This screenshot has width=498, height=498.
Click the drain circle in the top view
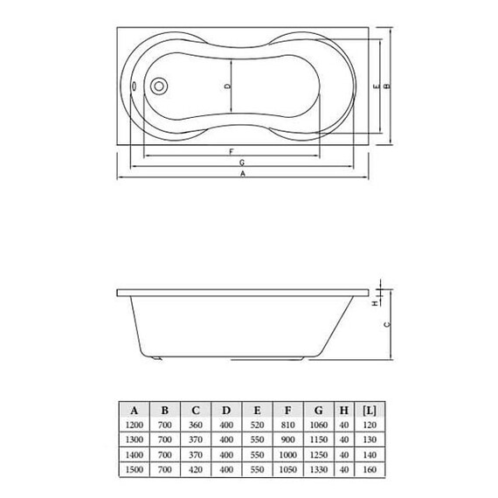159,86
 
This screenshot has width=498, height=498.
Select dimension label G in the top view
239,163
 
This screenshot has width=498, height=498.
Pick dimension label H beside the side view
374,302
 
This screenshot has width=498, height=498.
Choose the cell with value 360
195,425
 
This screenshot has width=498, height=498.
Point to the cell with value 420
195,470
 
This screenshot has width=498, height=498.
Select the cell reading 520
256,425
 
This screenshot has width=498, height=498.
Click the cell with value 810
287,425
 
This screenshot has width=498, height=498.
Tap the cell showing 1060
317,425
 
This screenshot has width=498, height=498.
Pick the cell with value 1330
317,470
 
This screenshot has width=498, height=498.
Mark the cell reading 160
370,470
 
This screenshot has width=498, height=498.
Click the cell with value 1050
287,470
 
